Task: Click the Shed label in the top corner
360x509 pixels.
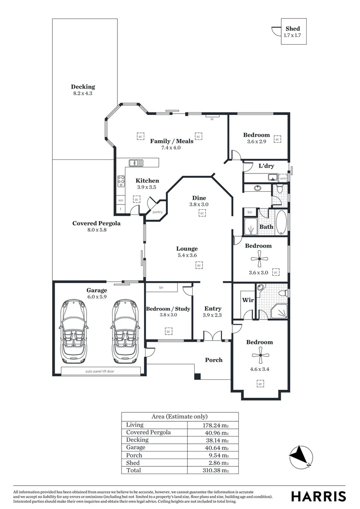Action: tap(292, 29)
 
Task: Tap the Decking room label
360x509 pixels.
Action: tap(83, 87)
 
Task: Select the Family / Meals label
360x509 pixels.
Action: tap(172, 141)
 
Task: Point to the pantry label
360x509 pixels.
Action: tap(157, 212)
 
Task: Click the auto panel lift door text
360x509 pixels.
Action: tap(99, 371)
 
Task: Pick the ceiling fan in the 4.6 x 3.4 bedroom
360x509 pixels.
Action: tap(260, 356)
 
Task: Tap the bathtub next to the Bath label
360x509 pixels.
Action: tap(281, 222)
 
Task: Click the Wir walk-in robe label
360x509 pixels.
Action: tap(248, 300)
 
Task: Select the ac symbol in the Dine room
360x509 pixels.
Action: tap(202, 213)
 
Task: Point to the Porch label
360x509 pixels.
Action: tap(213, 360)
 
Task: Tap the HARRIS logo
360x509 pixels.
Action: tap(319, 496)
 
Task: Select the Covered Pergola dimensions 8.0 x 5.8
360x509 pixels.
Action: tap(96, 231)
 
